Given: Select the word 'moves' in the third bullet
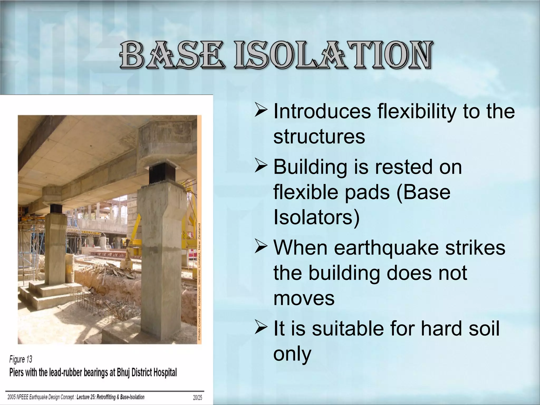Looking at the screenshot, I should (x=304, y=298).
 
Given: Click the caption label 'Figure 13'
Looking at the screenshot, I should (x=21, y=359).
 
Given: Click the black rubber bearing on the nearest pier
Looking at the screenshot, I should (x=160, y=173).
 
